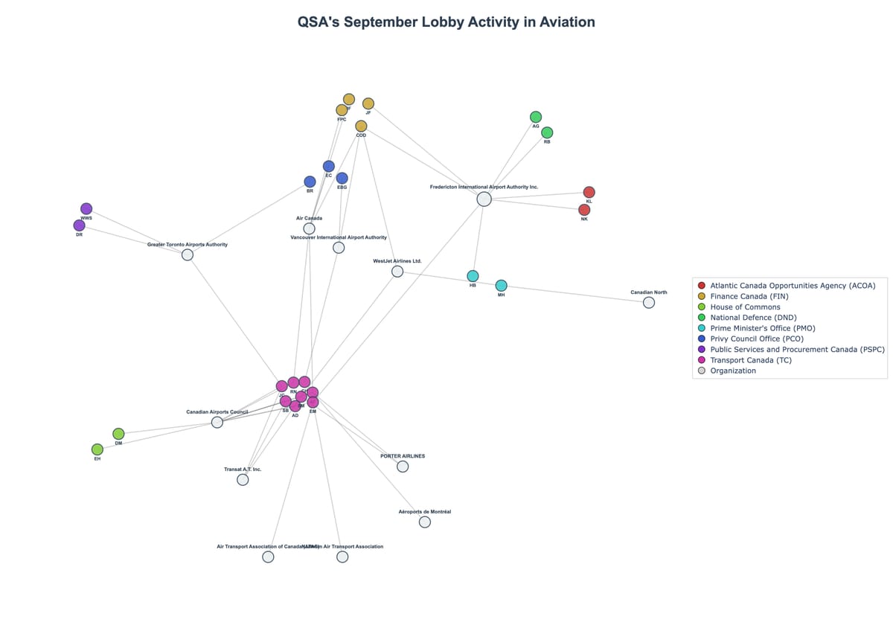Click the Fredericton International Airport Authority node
coord(484,199)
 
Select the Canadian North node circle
coord(649,302)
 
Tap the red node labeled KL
coord(589,192)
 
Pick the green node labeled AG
coord(536,117)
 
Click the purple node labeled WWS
coord(86,208)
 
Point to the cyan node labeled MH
coord(501,286)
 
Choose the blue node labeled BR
coord(310,182)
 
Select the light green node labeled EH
coord(97,449)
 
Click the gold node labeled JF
coord(368,103)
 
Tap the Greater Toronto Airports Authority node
coord(188,254)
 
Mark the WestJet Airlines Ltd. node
coord(397,272)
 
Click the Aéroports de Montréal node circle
coord(424,522)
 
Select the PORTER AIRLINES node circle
coord(403,467)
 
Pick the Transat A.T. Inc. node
coord(243,480)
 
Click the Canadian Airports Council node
coord(217,422)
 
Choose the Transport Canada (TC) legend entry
coord(750,360)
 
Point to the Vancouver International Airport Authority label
coord(339,237)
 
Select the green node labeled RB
coord(547,132)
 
